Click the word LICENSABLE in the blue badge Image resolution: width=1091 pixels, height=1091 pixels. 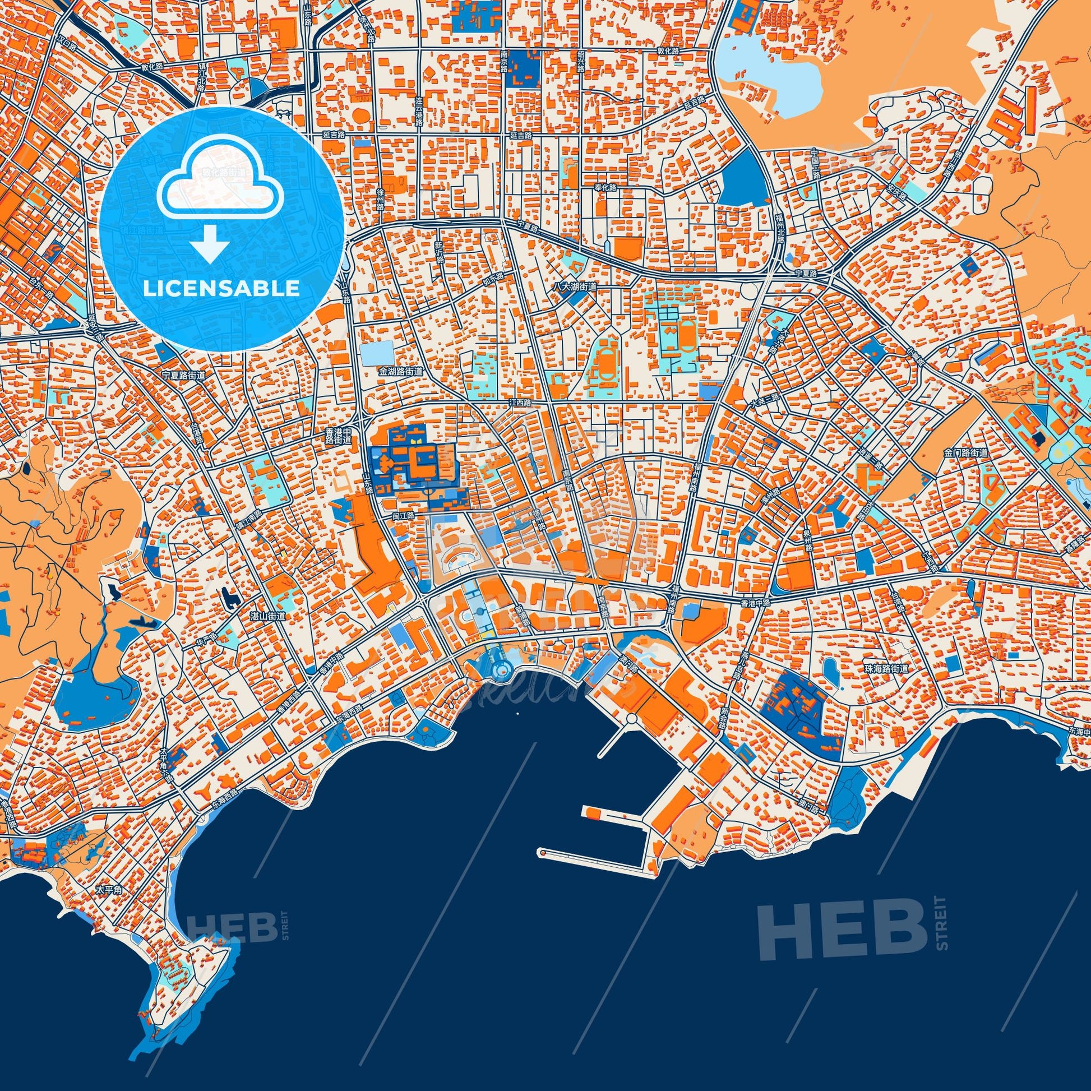click(x=221, y=289)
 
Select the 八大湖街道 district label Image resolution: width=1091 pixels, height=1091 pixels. click(x=574, y=287)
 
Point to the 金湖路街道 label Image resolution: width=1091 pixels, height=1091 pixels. click(x=400, y=372)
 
